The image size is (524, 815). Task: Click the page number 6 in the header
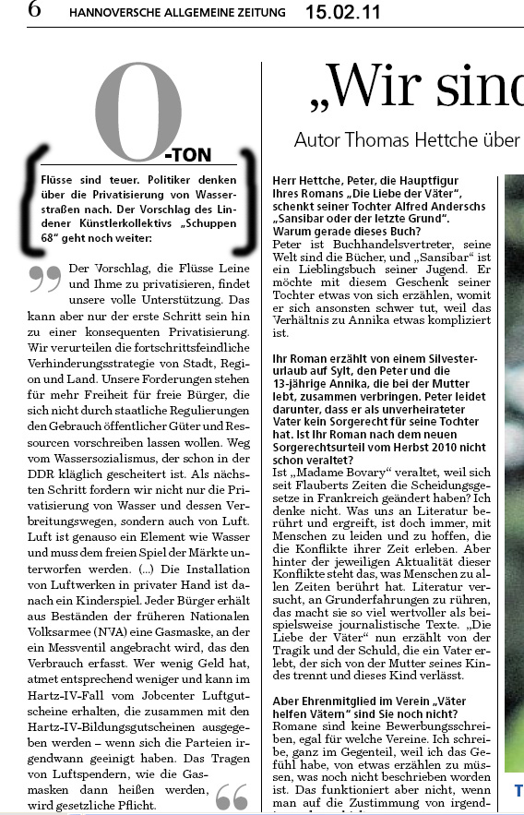point(33,11)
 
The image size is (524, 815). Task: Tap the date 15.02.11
point(342,12)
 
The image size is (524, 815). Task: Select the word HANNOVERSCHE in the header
point(110,13)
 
